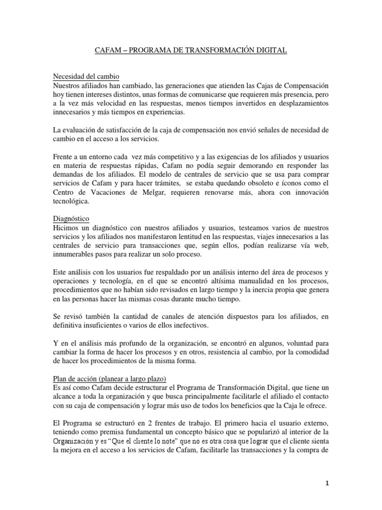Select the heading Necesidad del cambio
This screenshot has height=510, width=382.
coord(86,76)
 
